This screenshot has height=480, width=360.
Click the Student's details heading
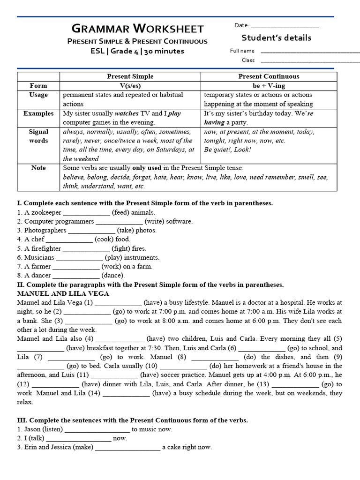pyautogui.click(x=276, y=38)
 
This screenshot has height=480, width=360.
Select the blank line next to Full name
pyautogui.click(x=310, y=51)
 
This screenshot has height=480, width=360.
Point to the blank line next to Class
pyautogui.click(x=310, y=60)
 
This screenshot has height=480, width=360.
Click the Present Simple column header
pyautogui.click(x=130, y=76)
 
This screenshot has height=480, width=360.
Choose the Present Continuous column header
pyautogui.click(x=269, y=76)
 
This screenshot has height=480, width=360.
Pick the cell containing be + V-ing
pyautogui.click(x=269, y=86)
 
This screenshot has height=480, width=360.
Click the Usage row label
pyautogui.click(x=38, y=95)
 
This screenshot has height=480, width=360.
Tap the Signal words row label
pyautogui.click(x=38, y=136)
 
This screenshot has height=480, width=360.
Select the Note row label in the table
pyautogui.click(x=38, y=168)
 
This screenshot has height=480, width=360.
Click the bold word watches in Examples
pyautogui.click(x=127, y=113)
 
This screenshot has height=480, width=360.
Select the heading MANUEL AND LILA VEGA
pyautogui.click(x=63, y=293)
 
